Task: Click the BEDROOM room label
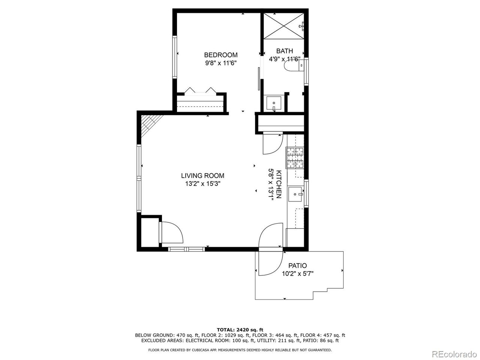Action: pos(220,55)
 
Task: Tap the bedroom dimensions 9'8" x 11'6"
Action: pos(220,63)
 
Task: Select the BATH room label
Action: pos(284,51)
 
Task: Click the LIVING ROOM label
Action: pos(202,175)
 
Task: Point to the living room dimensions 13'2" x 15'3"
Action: pos(202,184)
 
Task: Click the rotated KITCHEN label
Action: pos(279,184)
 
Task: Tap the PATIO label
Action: pos(297,265)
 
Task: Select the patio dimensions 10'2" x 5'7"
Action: pos(297,274)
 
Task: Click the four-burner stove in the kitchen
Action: pos(295,157)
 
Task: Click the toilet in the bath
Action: pos(293,66)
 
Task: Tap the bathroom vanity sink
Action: pos(273,102)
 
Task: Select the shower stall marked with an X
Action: pos(283,25)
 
